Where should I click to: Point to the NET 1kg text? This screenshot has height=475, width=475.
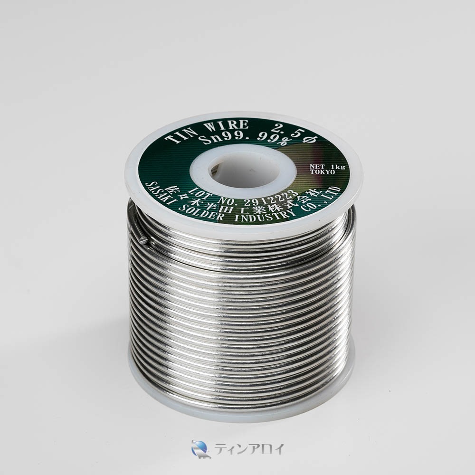point(327,167)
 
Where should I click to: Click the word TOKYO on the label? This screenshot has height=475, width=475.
point(323,172)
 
